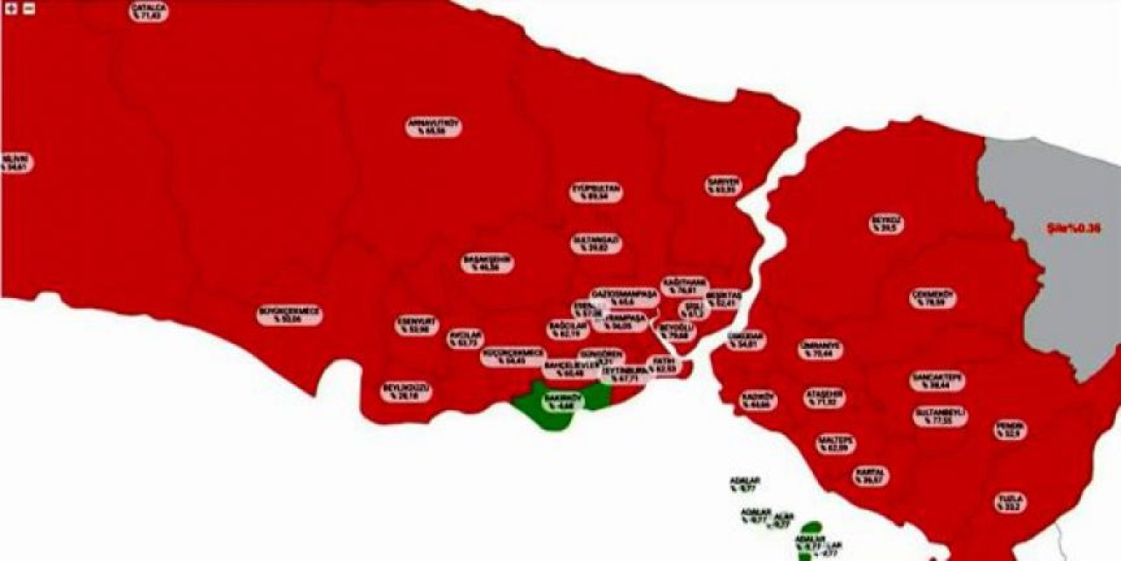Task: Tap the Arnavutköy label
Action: point(434,126)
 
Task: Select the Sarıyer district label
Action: point(724,185)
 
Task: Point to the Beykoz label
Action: point(886,224)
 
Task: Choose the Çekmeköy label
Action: point(933,298)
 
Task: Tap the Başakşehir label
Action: point(487,263)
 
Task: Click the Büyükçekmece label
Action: point(289,316)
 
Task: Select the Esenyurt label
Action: point(417,326)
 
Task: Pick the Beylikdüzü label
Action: point(406,392)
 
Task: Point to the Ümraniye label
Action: point(821,350)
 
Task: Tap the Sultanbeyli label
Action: point(940,415)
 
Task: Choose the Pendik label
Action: point(1011,430)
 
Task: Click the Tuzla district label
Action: point(1010,502)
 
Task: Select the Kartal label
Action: point(871,476)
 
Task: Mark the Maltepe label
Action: point(836,444)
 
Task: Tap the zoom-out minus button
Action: point(28,9)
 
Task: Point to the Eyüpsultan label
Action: point(596,193)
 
